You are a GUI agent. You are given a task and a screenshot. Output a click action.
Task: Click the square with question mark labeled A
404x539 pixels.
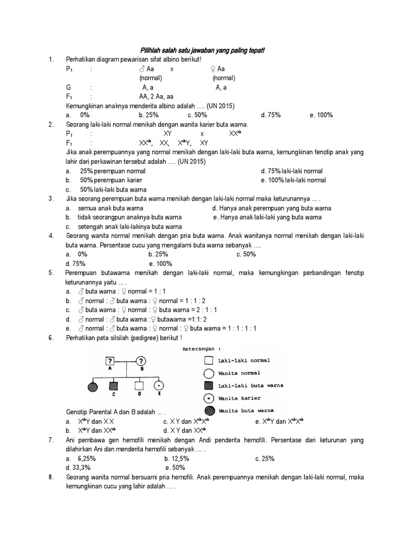(x=110, y=361)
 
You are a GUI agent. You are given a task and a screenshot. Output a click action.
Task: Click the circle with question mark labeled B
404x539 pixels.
(x=142, y=361)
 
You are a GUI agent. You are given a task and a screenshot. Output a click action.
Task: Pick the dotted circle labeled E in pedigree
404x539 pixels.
(x=158, y=386)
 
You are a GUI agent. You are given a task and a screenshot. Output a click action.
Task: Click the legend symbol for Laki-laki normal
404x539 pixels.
(x=208, y=361)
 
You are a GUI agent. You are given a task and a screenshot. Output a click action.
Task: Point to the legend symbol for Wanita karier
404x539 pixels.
(x=208, y=398)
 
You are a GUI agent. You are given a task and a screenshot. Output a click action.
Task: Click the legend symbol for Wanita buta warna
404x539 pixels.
(x=208, y=411)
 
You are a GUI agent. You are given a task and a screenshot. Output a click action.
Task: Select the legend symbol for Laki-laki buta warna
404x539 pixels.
(x=208, y=386)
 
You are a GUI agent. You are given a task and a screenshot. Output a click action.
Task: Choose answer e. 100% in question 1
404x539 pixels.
(x=321, y=115)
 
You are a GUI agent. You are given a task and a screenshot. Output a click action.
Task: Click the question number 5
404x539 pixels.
(x=50, y=273)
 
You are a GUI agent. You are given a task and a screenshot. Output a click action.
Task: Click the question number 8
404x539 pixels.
(x=50, y=477)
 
